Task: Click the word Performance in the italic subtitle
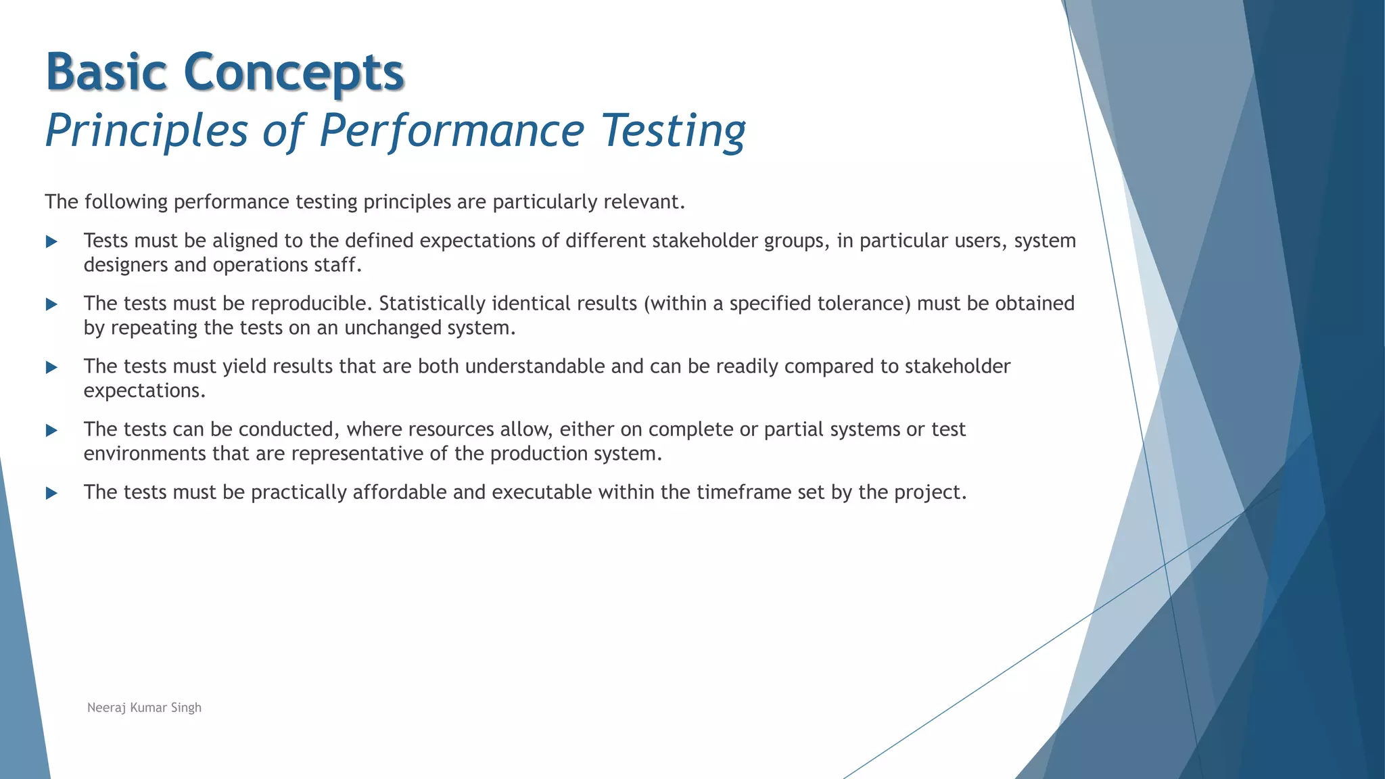click(x=452, y=131)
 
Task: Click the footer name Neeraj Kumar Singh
click(x=144, y=707)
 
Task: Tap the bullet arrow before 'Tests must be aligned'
click(x=51, y=241)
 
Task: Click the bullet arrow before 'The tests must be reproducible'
click(x=51, y=304)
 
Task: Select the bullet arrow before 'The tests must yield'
click(x=51, y=367)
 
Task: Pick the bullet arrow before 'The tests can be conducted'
click(x=51, y=430)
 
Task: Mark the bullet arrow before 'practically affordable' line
click(x=51, y=493)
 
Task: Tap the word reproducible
click(x=311, y=304)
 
